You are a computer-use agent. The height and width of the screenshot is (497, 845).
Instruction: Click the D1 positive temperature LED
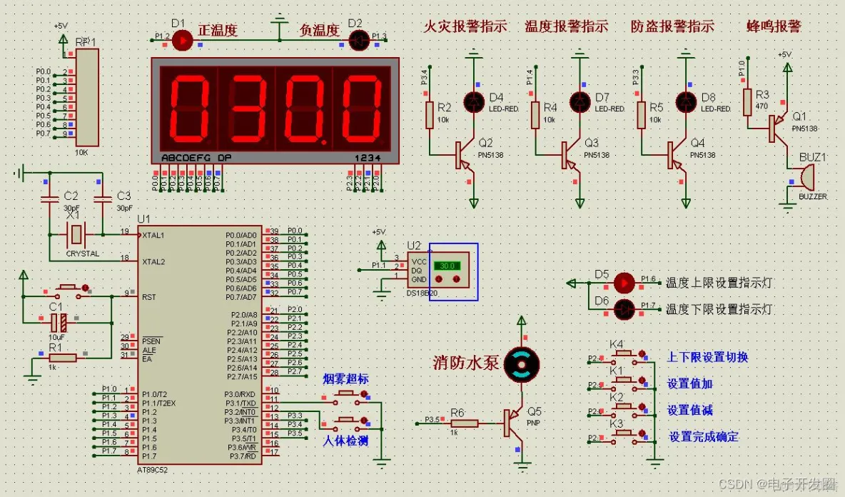184,41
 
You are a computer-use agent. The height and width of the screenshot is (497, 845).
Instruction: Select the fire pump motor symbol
521,365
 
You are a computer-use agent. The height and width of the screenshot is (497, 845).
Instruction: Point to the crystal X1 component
76,233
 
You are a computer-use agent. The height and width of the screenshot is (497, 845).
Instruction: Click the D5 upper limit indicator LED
624,283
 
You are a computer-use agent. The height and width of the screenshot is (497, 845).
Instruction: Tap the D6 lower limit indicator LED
624,309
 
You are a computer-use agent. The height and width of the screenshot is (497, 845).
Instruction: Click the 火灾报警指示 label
465,27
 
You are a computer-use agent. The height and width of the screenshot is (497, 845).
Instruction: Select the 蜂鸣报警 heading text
774,27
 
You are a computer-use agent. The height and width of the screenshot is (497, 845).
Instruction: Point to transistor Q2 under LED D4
462,155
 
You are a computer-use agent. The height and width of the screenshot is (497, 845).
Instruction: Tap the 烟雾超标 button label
345,379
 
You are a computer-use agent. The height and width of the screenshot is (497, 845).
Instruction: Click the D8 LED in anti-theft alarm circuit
687,101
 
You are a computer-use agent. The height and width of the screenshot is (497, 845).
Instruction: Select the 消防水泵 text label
465,362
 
